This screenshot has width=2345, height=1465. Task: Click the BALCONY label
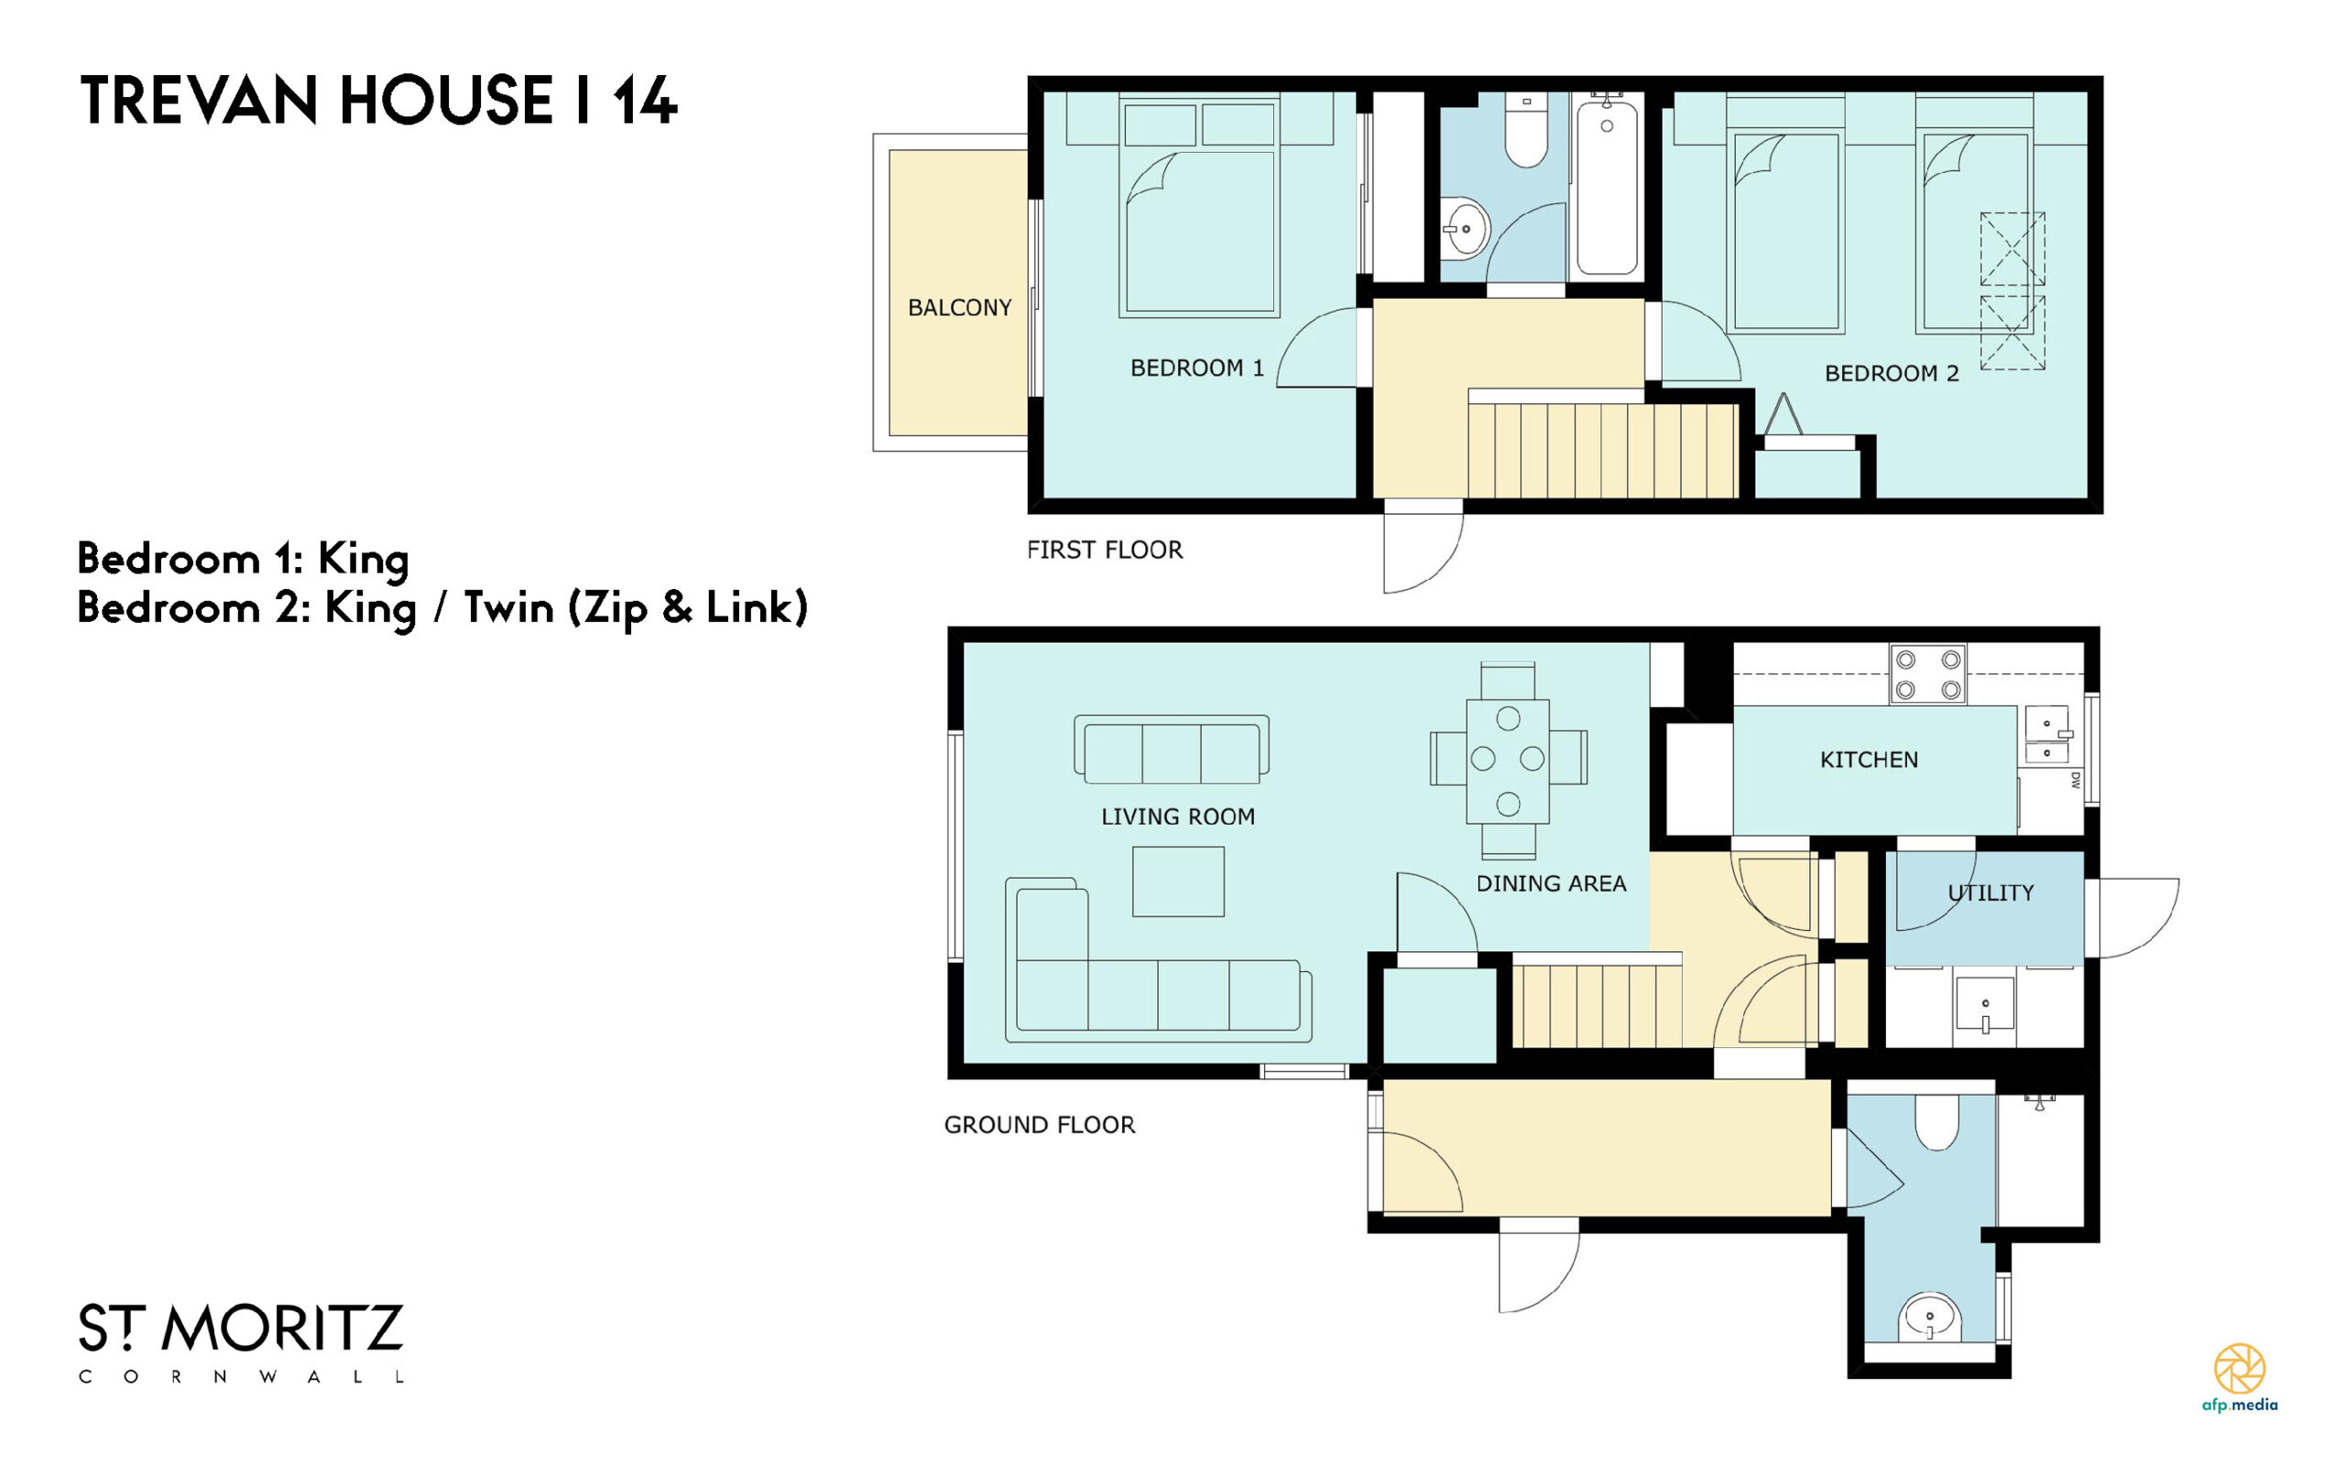coord(959,307)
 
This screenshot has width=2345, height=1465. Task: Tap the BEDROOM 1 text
coord(1196,368)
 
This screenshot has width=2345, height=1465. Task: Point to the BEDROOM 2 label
coord(1891,373)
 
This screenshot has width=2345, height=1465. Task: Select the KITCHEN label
coord(1869,760)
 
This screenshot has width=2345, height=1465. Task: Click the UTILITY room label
coord(1991,892)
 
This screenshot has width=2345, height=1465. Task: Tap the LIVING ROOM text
coord(1178,817)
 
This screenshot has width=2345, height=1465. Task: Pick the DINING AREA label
coord(1551,883)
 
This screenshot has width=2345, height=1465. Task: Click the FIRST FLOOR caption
coord(1104,551)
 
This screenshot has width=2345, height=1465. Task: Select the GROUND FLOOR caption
coord(1040,1125)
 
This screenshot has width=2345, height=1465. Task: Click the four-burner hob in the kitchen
coord(1927,674)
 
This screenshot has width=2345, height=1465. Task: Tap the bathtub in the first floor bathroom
coord(1606,184)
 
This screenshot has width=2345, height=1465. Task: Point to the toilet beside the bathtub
coord(1525,130)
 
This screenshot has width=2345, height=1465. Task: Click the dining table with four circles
coord(1507,760)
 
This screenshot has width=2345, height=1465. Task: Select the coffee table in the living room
coord(1178,881)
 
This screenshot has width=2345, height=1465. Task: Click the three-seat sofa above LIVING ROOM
coord(1171,749)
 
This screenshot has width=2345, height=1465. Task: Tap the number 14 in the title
coord(644,101)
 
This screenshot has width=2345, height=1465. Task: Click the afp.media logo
coord(2240,1377)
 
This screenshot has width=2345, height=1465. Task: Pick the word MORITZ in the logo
coord(282,1328)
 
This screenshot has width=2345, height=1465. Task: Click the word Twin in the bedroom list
coord(509,607)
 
